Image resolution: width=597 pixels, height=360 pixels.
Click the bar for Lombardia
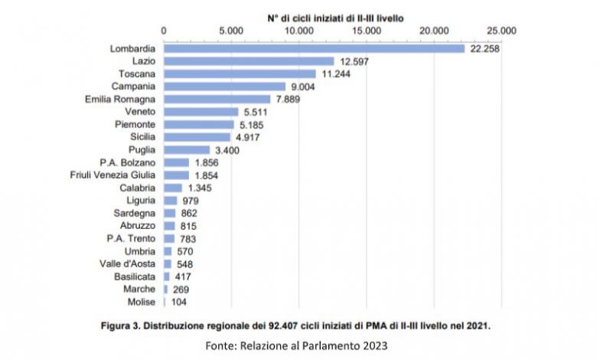[x=314, y=48]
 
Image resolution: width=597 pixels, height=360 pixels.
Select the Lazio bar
[x=249, y=61]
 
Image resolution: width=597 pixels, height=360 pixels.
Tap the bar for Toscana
[x=240, y=74]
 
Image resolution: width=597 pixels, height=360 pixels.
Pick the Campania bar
[x=224, y=86]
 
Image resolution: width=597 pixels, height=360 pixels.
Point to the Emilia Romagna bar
[x=217, y=99]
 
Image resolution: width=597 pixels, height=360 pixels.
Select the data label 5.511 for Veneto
[x=256, y=112]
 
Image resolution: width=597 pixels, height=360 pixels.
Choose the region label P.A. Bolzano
[x=128, y=162]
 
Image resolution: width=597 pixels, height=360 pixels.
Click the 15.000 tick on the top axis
[x=367, y=31]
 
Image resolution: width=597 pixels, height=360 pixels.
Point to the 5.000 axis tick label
[x=230, y=31]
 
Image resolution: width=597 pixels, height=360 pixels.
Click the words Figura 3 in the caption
[x=125, y=326]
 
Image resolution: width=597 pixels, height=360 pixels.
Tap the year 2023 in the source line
[x=374, y=345]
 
